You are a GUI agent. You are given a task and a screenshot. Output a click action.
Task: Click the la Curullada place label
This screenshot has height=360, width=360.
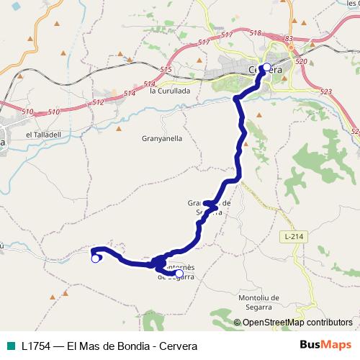[170, 91]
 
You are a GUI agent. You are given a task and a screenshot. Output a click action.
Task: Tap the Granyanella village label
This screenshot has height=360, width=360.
[163, 138]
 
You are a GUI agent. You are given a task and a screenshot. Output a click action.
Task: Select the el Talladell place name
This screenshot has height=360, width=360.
[41, 134]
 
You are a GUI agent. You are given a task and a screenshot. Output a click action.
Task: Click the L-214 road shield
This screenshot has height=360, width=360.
[291, 235]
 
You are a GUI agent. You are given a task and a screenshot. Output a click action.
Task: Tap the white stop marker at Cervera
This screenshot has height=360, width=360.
[266, 68]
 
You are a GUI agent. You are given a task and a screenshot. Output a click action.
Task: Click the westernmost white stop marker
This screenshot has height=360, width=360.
[95, 259]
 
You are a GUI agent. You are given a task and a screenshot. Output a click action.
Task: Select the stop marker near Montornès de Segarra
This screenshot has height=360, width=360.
[179, 273]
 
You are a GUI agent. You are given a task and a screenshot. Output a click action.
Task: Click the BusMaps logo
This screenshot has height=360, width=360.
[326, 346]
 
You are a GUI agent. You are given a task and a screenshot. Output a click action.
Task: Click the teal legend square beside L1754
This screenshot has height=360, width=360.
[9, 346]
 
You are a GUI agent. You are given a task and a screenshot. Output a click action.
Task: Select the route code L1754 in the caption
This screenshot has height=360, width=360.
[35, 346]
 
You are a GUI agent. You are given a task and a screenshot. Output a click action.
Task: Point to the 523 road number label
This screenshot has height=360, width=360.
[326, 91]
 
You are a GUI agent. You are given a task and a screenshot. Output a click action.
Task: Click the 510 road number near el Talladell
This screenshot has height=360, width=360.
[28, 112]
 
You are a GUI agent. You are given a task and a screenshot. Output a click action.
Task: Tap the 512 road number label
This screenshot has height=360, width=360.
[99, 102]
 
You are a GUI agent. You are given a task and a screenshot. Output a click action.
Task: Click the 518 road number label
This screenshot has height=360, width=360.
[255, 33]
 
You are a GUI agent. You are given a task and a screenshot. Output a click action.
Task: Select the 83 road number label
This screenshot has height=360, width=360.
[289, 38]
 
